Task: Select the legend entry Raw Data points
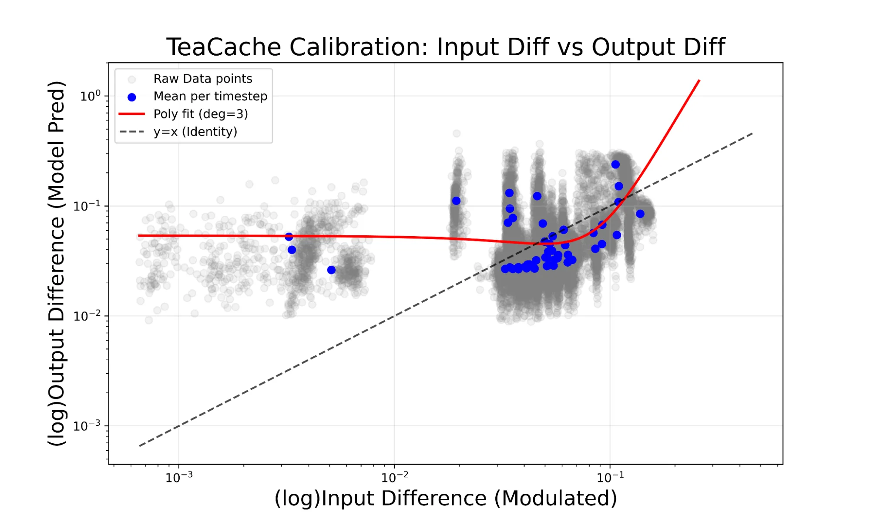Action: point(202,79)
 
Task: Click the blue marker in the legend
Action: point(131,97)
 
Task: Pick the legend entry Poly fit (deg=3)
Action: point(200,114)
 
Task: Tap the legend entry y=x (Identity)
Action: point(195,132)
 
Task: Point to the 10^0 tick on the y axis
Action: point(90,96)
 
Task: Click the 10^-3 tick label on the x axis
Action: point(179,478)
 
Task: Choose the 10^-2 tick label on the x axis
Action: point(395,478)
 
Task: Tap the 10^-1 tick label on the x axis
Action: point(610,478)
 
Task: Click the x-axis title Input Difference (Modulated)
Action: point(446,499)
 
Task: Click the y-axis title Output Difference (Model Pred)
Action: point(57,263)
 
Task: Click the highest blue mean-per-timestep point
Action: point(615,164)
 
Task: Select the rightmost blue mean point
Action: point(640,214)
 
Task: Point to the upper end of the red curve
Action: point(699,80)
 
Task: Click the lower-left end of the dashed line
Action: point(140,445)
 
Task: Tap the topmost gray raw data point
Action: point(456,134)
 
